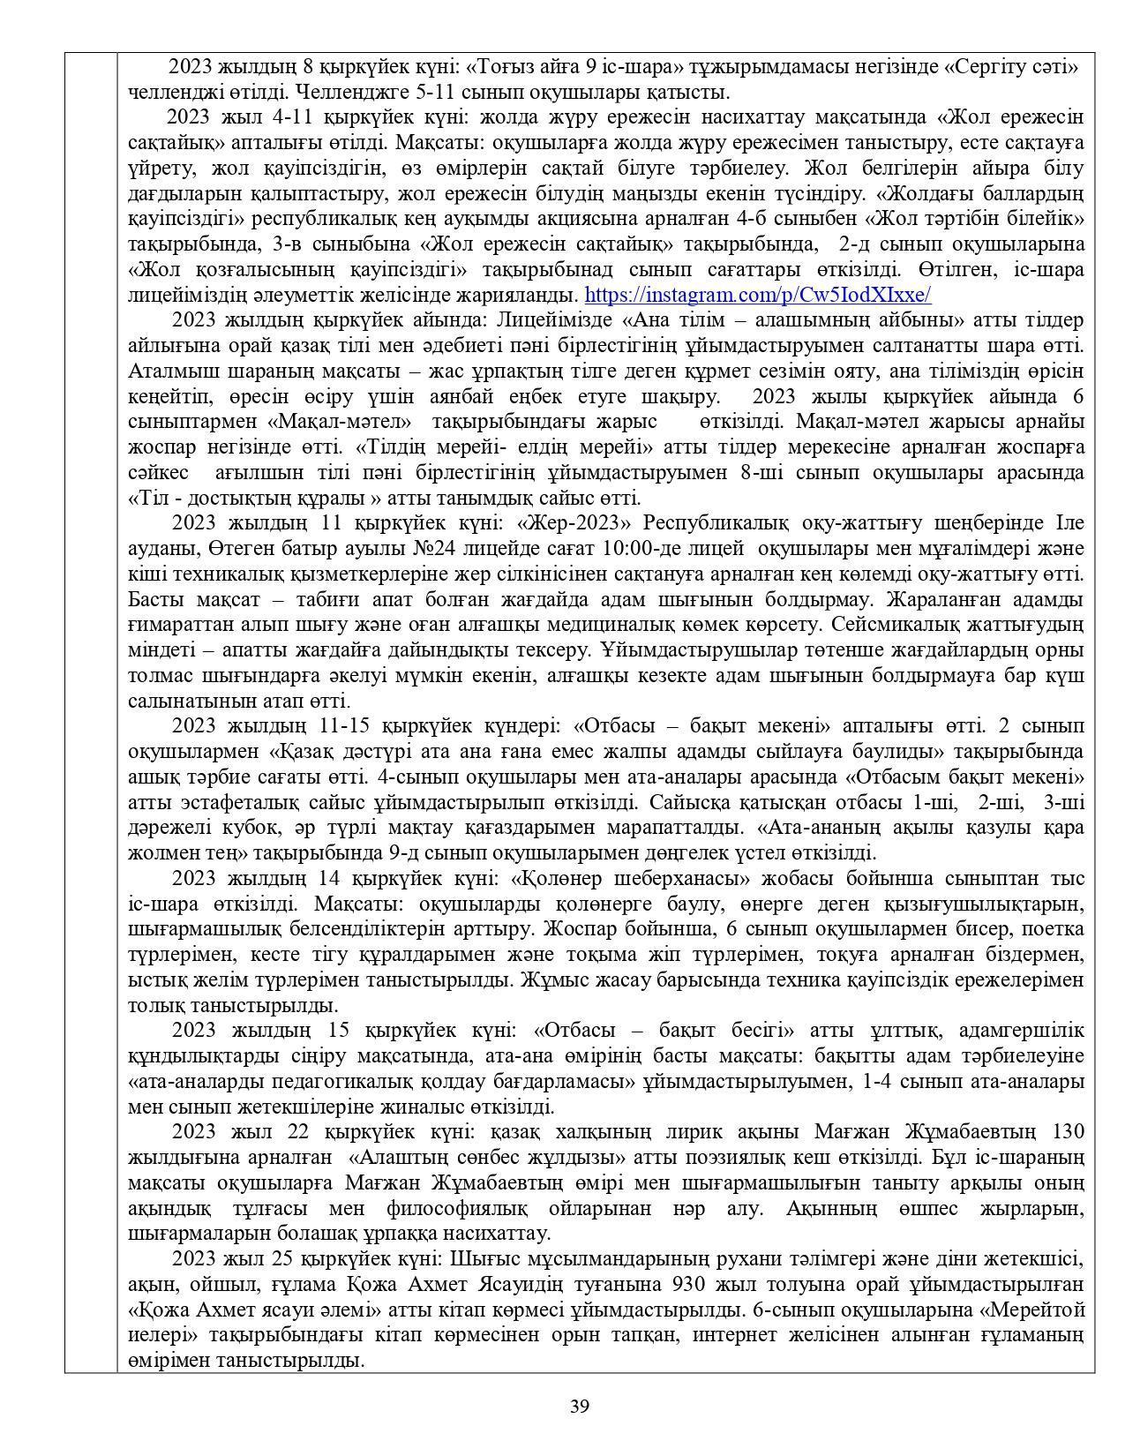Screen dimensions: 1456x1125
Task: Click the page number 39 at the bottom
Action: (x=579, y=1406)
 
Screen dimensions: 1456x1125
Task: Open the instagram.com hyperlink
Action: (x=758, y=295)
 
